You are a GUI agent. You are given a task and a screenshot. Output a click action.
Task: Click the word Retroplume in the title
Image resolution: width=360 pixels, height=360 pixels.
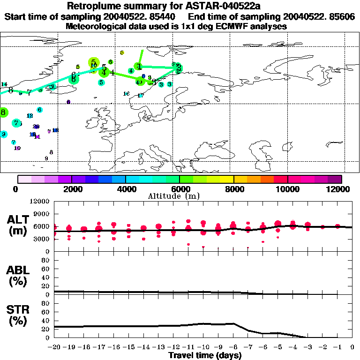94,6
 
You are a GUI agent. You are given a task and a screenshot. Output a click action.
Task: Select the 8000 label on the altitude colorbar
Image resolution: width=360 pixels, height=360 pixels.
233,189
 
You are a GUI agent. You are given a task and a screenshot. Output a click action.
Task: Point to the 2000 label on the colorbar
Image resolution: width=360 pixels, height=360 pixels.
71,189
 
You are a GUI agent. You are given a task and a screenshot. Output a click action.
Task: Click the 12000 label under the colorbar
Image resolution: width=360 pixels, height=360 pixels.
340,189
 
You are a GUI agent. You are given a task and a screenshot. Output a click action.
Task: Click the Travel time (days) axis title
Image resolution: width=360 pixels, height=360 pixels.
204,355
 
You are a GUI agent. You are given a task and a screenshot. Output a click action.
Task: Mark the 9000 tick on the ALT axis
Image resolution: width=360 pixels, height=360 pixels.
40,214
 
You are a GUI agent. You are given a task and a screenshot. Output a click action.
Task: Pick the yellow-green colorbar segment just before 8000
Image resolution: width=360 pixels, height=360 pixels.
227,179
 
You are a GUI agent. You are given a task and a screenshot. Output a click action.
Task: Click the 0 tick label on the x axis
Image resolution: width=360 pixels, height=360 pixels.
352,347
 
